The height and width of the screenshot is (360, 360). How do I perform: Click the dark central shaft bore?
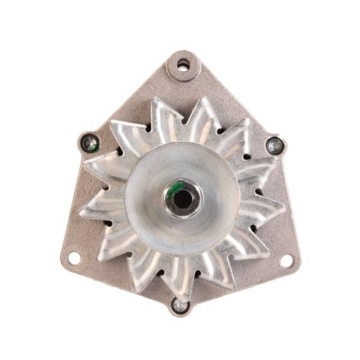click(x=181, y=195)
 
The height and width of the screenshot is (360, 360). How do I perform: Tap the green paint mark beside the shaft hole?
click(x=173, y=189)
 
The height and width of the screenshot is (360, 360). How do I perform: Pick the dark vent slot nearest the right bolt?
click(x=256, y=155)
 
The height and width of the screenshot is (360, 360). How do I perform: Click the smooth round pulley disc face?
click(x=155, y=216)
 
